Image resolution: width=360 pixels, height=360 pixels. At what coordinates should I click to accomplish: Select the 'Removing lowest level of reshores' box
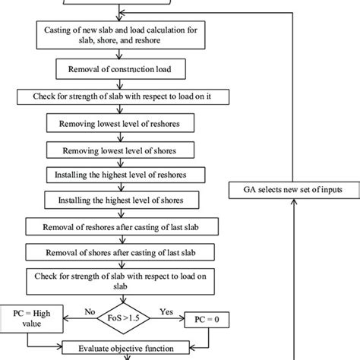click(115, 122)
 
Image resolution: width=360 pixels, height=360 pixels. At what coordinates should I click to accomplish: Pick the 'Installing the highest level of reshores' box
click(115, 174)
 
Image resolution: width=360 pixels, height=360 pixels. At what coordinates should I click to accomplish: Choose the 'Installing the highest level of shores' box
click(115, 201)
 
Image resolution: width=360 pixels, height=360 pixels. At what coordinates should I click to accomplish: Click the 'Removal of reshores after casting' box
click(115, 226)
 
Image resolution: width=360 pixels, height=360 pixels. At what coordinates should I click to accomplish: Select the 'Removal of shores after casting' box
click(115, 251)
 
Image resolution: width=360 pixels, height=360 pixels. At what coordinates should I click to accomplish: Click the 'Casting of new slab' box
click(115, 34)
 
